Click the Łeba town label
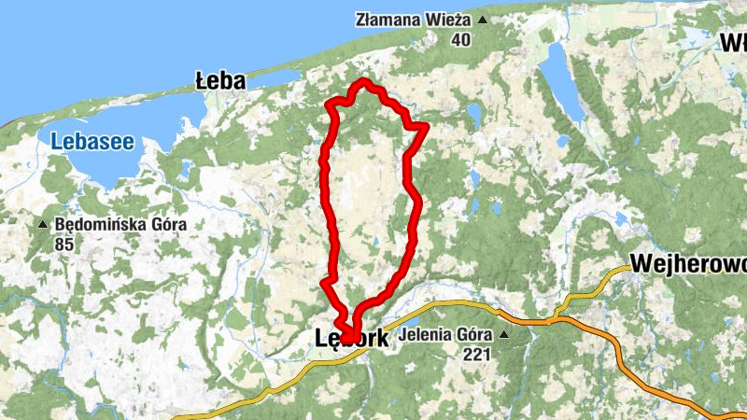220,81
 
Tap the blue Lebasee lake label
92,143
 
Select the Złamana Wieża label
415,20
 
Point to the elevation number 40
460,39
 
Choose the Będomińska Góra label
121,225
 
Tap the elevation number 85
64,245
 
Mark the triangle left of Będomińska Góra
43,225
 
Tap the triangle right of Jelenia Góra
505,334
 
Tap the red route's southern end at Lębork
349,338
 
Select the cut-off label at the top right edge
733,43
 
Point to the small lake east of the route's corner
473,115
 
